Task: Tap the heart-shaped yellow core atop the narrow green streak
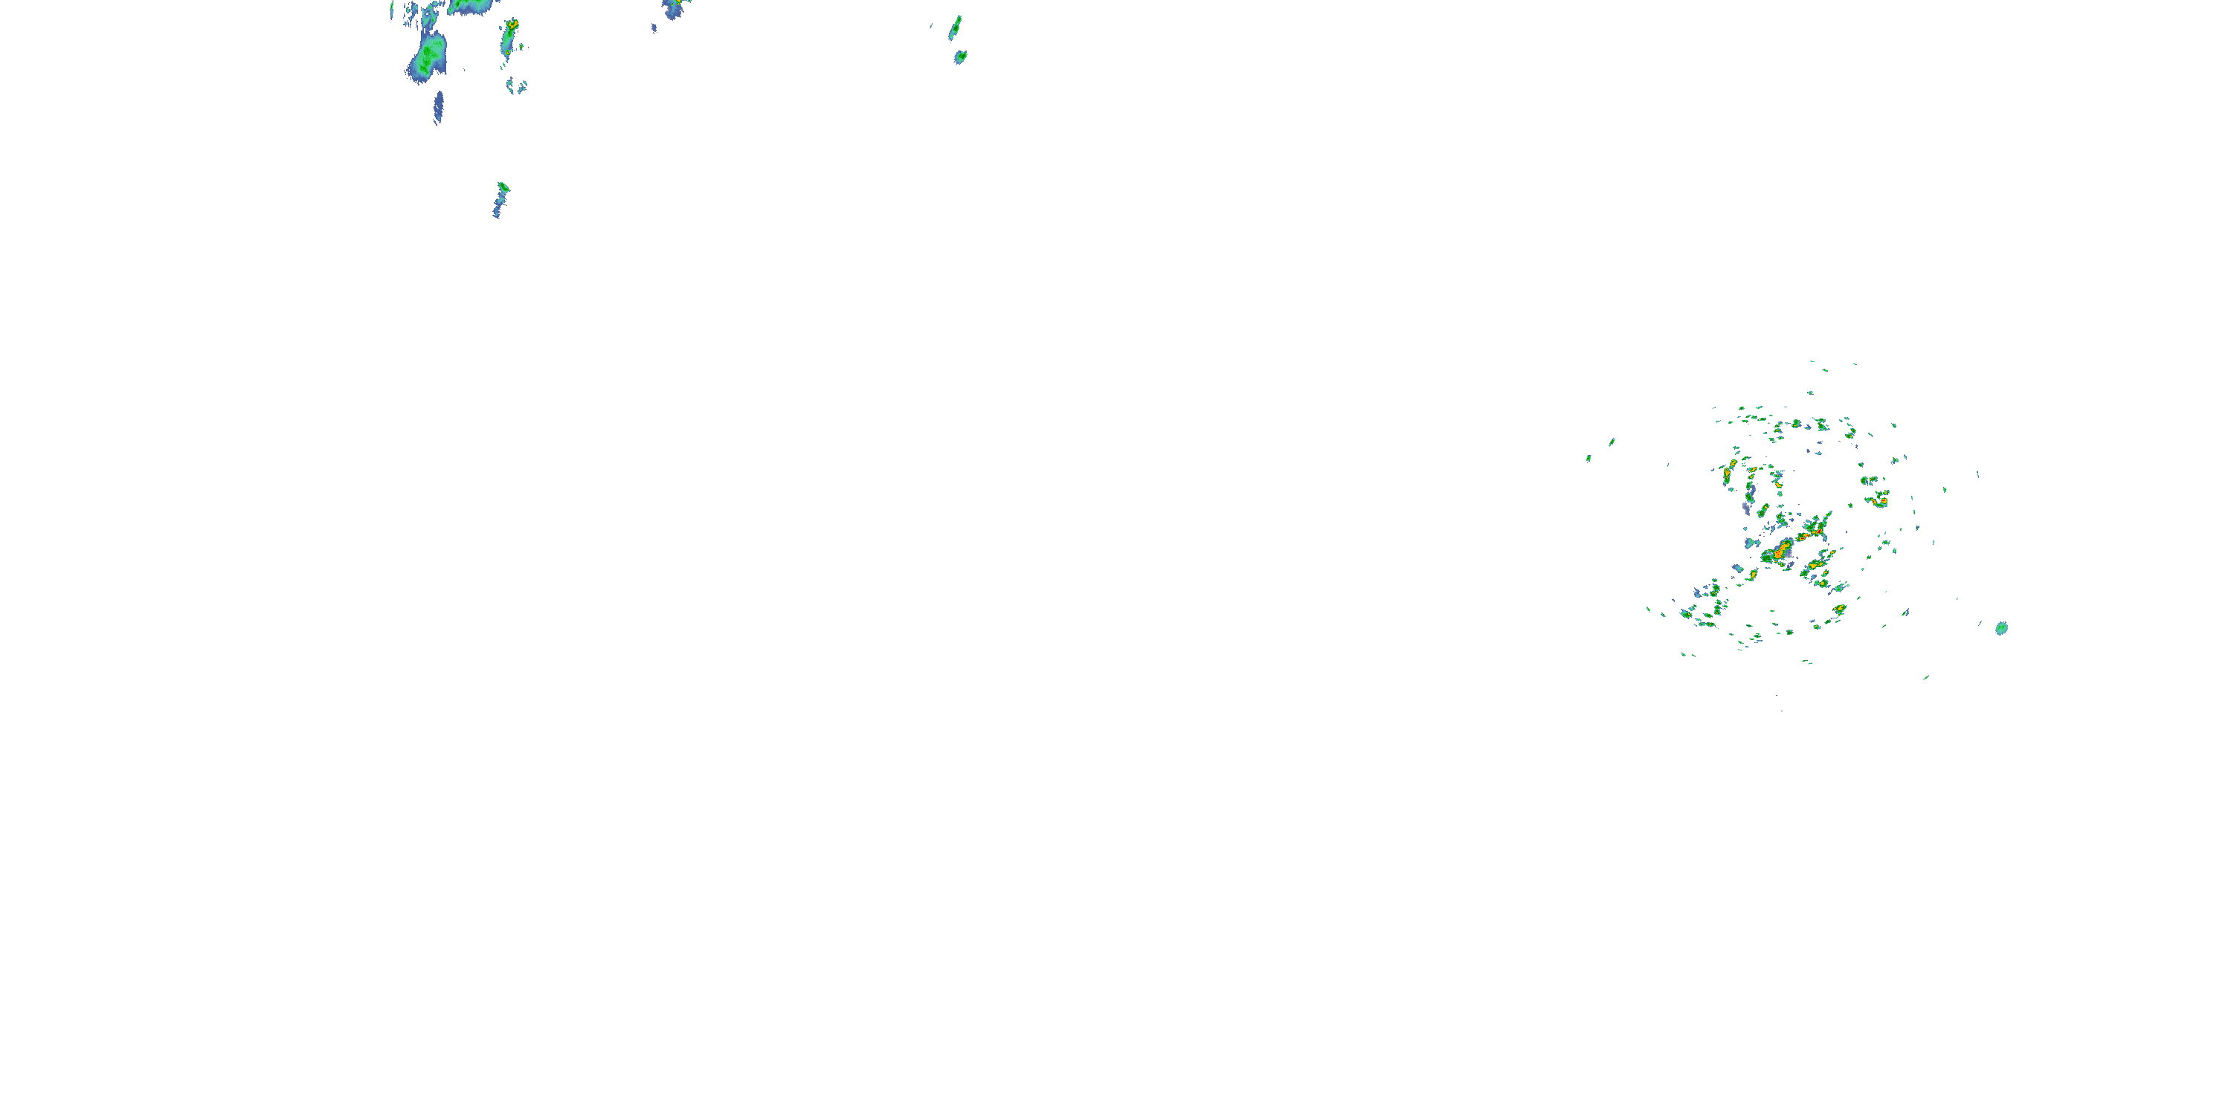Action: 512,23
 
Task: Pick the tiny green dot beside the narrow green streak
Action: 521,46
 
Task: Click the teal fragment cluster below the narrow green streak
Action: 516,85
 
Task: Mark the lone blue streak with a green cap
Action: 500,198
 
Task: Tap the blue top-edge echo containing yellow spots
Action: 673,7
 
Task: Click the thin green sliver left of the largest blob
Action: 393,11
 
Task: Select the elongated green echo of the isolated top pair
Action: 956,28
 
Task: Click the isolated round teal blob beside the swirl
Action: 2000,627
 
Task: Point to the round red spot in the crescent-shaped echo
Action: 1881,500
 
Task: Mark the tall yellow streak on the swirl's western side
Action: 1728,474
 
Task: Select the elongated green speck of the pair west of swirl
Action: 1611,442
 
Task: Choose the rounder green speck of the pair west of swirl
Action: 1588,458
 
